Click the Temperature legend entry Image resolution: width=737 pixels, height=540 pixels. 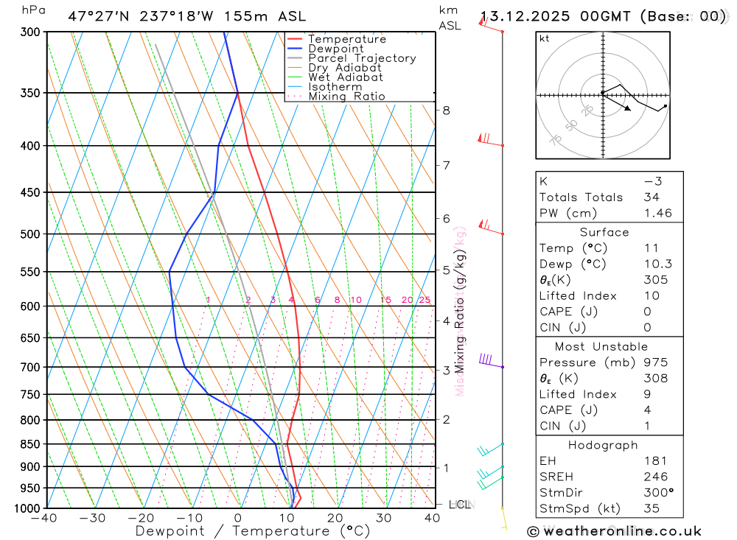click(x=346, y=39)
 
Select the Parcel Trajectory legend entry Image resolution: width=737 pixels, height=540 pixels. click(x=361, y=58)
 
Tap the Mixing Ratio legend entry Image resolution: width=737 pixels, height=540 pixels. click(x=346, y=97)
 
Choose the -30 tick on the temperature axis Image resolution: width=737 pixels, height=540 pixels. click(x=93, y=518)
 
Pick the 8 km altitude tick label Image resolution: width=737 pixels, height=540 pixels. click(x=447, y=111)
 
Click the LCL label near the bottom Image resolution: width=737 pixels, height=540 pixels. click(x=459, y=505)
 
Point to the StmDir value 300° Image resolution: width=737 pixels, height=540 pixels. click(x=657, y=493)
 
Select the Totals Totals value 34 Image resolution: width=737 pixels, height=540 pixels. click(x=651, y=197)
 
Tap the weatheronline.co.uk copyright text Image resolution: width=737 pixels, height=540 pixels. click(x=615, y=531)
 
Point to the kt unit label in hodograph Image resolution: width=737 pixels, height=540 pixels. click(x=544, y=38)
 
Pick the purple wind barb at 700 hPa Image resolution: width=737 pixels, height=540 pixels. click(x=487, y=360)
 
